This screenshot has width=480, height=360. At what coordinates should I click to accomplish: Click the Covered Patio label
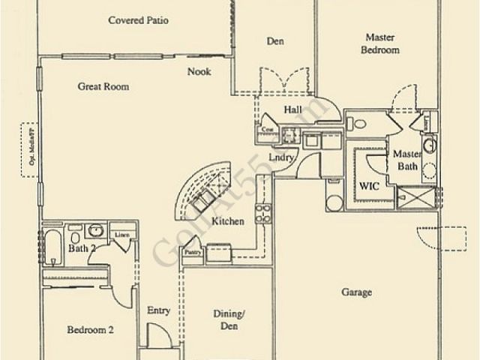tap(138, 20)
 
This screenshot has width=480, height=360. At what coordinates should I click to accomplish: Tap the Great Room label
tap(103, 86)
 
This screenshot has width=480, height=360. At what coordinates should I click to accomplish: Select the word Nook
tap(199, 72)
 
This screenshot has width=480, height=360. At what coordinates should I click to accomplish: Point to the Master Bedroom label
tap(382, 43)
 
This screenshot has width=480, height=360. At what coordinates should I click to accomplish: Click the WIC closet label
tap(369, 183)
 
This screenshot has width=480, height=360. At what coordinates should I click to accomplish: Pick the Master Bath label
tap(406, 160)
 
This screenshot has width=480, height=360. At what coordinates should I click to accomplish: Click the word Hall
tap(292, 110)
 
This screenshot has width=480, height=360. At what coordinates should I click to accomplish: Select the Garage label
tap(356, 292)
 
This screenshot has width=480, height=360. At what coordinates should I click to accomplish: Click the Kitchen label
tap(227, 221)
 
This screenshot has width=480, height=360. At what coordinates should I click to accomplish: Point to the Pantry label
tap(193, 253)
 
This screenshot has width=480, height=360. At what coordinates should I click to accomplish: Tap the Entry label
tap(158, 310)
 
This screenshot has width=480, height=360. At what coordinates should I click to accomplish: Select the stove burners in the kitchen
tap(262, 213)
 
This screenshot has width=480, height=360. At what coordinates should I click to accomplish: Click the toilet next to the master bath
tap(358, 124)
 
